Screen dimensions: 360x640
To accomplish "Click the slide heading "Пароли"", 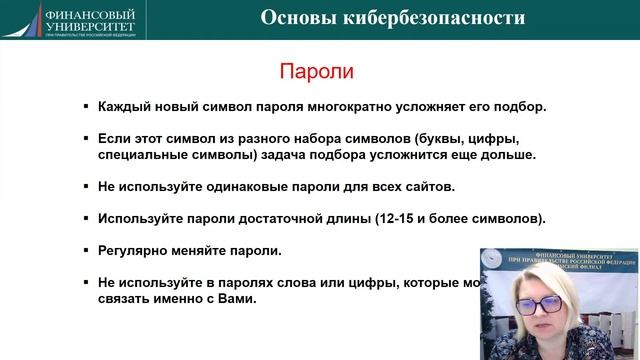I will click(x=316, y=72).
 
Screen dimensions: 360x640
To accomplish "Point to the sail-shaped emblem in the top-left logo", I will click(x=27, y=21).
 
